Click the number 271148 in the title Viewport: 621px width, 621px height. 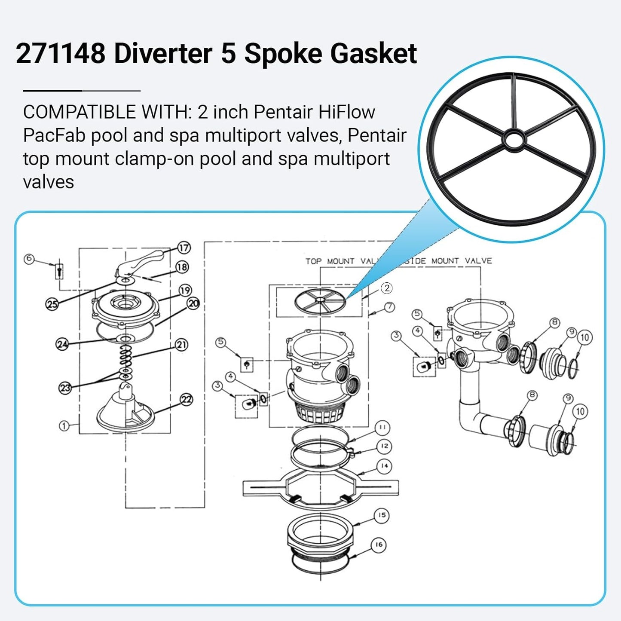[x=61, y=53]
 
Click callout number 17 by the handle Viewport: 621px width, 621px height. [x=184, y=248]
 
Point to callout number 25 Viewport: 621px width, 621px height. [x=52, y=304]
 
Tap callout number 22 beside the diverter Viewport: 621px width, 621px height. [x=186, y=400]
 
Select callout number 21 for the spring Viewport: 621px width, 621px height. [x=181, y=345]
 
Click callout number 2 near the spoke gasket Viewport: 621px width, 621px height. [x=387, y=288]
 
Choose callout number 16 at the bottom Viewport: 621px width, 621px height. [x=379, y=545]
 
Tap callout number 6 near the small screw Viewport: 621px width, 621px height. [x=29, y=258]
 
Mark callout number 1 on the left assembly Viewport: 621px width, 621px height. [x=64, y=426]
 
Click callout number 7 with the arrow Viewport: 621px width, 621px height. [x=390, y=307]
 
